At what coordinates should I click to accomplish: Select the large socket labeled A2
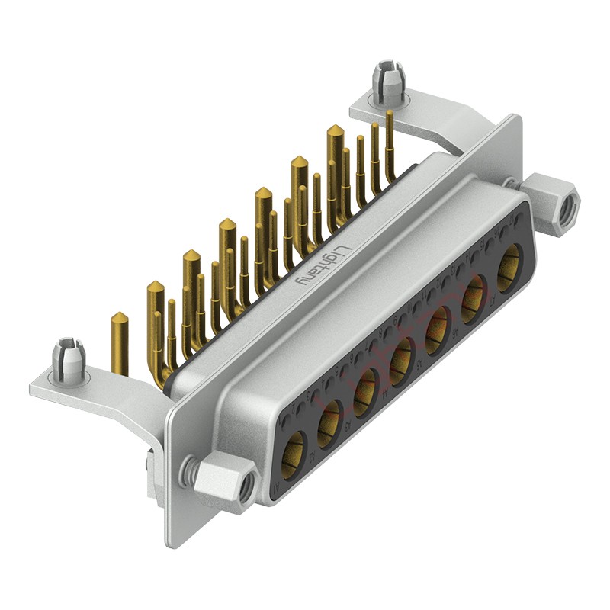coord(329,422)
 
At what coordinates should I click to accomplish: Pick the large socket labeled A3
coord(366,387)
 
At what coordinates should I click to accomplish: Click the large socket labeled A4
coord(402,356)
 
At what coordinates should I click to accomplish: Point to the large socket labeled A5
coord(438,325)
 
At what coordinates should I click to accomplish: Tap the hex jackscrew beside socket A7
coord(553,201)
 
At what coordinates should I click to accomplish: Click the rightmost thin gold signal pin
coord(390,145)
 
